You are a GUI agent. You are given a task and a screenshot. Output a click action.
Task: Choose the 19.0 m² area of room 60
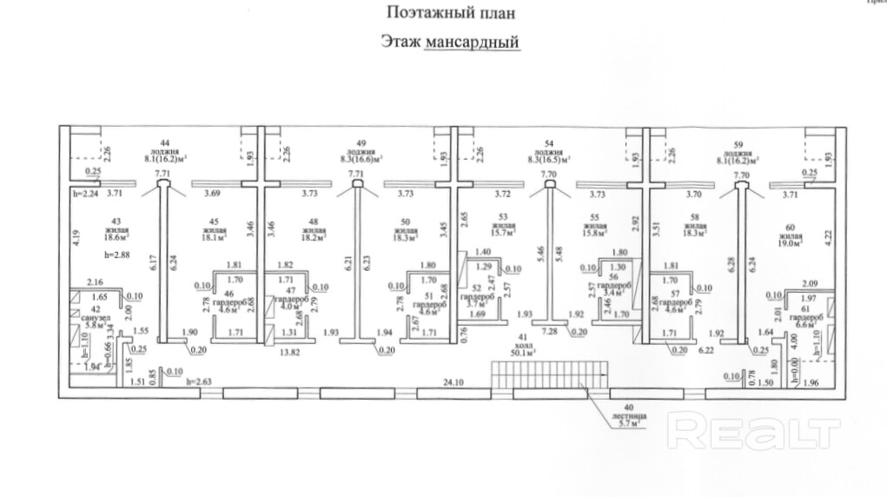point(786,243)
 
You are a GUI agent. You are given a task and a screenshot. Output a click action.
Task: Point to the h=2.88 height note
point(116,255)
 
